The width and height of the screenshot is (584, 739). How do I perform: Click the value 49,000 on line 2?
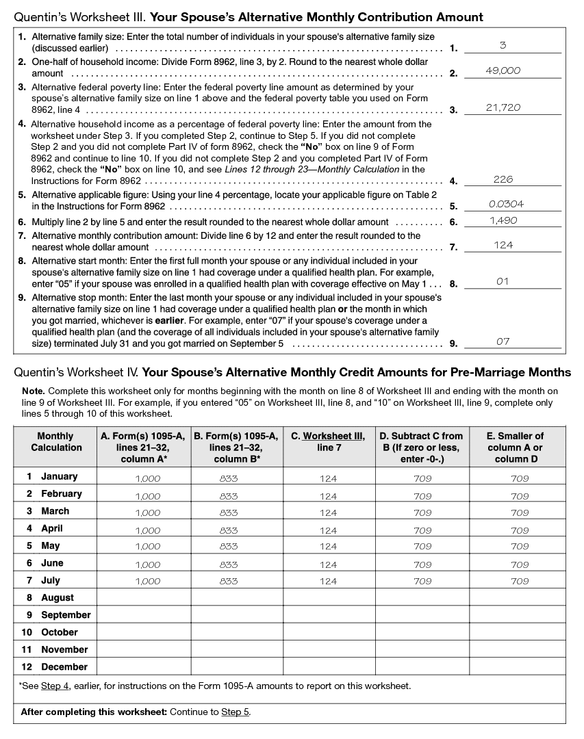(503, 70)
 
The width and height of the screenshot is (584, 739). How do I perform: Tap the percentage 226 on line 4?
(503, 180)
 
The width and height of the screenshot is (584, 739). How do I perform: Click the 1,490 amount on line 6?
(503, 220)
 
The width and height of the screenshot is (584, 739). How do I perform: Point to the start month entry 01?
(503, 281)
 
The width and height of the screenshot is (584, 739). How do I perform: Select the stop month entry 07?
(503, 341)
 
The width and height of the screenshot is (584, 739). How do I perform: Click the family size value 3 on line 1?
(503, 46)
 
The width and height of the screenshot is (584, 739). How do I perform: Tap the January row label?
(59, 476)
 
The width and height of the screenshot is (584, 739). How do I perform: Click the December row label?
(64, 666)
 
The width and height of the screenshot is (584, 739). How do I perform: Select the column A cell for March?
(148, 513)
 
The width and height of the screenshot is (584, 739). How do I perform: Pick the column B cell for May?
(229, 547)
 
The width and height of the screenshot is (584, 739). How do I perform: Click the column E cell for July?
(520, 581)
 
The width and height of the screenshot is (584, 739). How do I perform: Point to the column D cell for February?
(422, 496)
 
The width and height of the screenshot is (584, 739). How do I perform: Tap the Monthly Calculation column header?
(55, 442)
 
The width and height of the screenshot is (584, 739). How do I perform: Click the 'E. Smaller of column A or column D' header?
(515, 448)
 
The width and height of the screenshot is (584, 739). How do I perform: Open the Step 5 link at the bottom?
(236, 712)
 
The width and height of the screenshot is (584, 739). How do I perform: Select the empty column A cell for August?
(144, 597)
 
